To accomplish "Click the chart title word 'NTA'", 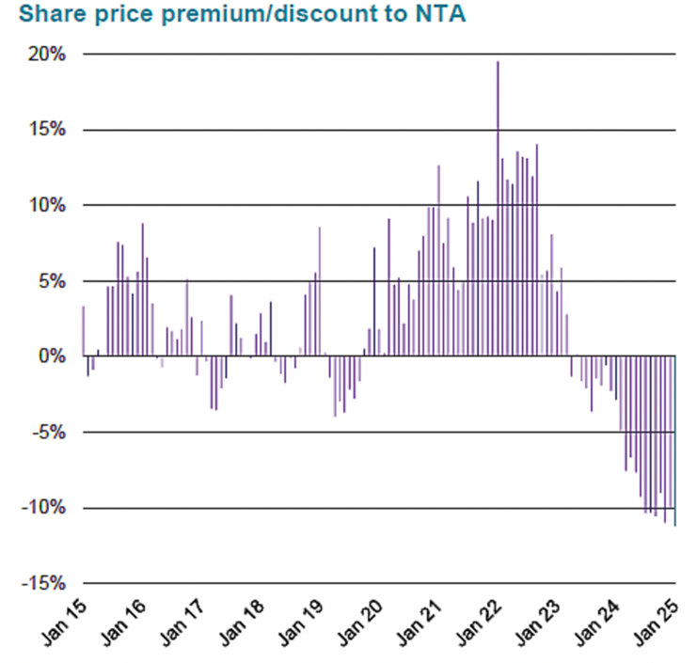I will pyautogui.click(x=437, y=16).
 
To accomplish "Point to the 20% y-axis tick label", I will pyautogui.click(x=45, y=55).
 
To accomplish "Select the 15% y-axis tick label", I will pyautogui.click(x=45, y=130).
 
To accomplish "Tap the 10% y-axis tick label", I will pyautogui.click(x=45, y=205).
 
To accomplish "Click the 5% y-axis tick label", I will pyautogui.click(x=50, y=281).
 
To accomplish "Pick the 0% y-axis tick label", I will pyautogui.click(x=50, y=356).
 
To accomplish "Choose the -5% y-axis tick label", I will pyautogui.click(x=47, y=433).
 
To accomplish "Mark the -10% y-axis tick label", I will pyautogui.click(x=42, y=508).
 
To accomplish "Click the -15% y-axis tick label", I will pyautogui.click(x=42, y=583).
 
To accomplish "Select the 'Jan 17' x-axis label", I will pyautogui.click(x=184, y=624).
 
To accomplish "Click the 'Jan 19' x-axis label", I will pyautogui.click(x=303, y=624).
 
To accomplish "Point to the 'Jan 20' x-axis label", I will pyautogui.click(x=362, y=624).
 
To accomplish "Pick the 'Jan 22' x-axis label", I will pyautogui.click(x=481, y=624).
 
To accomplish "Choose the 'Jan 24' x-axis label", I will pyautogui.click(x=600, y=624).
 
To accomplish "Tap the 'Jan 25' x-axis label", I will pyautogui.click(x=659, y=624).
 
